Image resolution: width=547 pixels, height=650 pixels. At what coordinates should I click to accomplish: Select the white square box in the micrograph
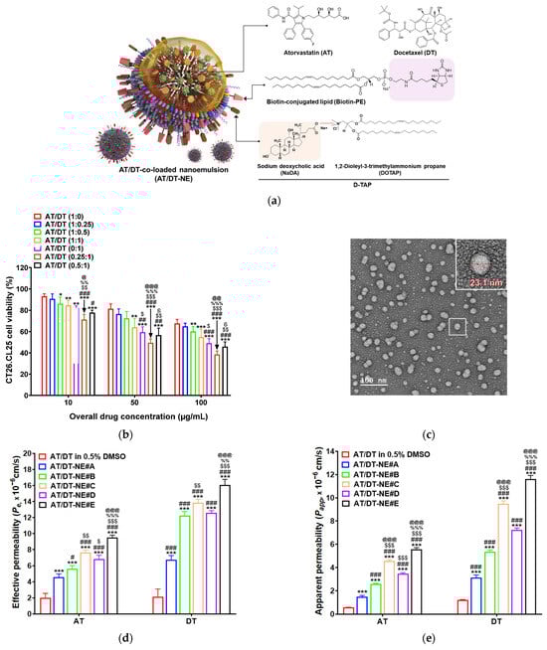tap(456, 325)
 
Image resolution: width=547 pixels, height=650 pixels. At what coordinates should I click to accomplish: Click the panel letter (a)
tap(273, 199)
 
